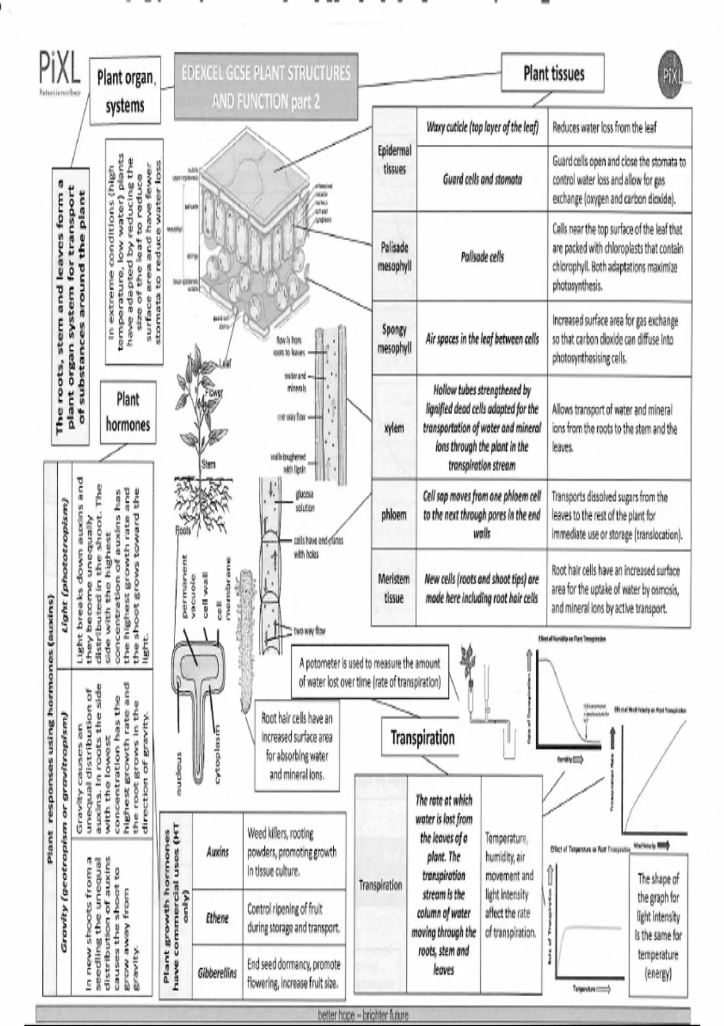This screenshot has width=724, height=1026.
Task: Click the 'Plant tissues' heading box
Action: [553, 74]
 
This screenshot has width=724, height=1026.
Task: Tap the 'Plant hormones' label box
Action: [128, 412]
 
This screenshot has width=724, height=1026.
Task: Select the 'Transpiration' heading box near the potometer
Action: [422, 738]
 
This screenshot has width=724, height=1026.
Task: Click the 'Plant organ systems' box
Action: [125, 91]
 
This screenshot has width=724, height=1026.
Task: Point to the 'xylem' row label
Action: [394, 428]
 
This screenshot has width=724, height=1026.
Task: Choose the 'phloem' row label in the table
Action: [394, 515]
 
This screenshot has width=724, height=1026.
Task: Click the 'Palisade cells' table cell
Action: [482, 257]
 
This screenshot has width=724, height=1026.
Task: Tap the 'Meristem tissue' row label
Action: [394, 588]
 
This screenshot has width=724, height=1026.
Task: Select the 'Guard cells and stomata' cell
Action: [482, 179]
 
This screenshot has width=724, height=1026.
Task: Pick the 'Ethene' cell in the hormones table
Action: [217, 918]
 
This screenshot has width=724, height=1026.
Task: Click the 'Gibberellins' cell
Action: [217, 973]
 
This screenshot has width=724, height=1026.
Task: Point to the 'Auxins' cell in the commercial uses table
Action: [217, 852]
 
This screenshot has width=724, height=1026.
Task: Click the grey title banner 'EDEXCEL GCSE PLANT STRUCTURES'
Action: [265, 87]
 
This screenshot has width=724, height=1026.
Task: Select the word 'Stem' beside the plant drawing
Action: [208, 464]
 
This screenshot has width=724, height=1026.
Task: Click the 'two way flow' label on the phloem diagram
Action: [310, 631]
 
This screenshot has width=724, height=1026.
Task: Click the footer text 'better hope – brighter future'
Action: [363, 1015]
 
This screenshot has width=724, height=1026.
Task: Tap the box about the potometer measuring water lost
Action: [370, 672]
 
